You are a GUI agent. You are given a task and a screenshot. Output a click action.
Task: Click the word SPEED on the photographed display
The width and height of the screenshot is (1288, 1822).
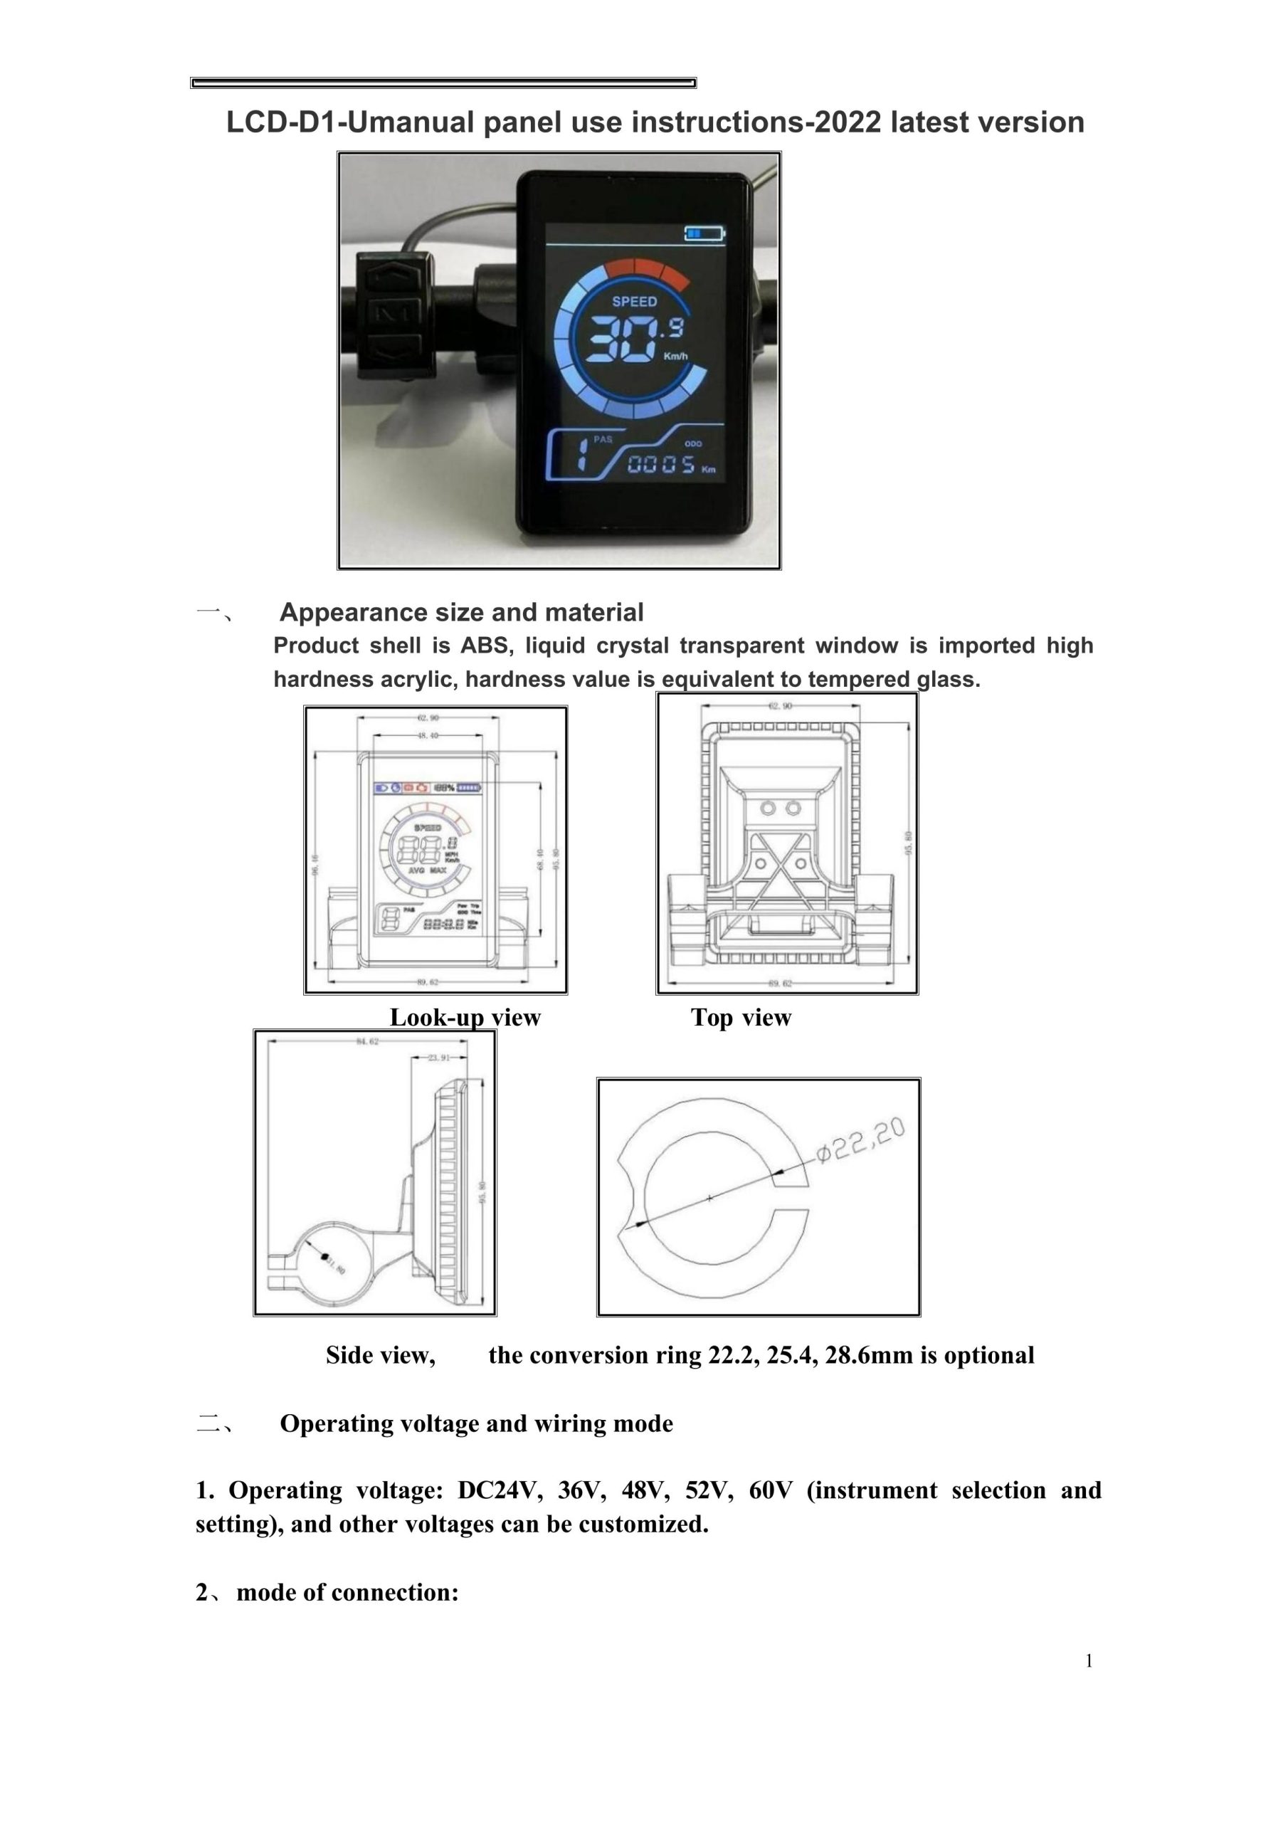[634, 302]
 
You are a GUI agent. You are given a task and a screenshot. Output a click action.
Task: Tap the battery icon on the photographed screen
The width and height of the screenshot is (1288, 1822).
[704, 233]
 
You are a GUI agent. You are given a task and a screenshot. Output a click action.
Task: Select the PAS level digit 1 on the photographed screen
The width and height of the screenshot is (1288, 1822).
[581, 454]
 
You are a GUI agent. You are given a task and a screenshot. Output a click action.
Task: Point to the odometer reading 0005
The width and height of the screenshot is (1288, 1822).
[661, 465]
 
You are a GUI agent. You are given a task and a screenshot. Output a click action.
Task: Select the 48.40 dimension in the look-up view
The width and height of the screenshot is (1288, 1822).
[428, 736]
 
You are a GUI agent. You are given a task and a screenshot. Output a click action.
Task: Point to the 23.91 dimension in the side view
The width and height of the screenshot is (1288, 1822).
[439, 1057]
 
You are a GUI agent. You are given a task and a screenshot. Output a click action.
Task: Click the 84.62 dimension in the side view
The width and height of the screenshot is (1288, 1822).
[367, 1041]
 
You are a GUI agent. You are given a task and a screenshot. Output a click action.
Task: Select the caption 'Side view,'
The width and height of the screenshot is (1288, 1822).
[380, 1354]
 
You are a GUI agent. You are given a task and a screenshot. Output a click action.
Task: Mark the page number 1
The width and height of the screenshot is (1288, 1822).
[1089, 1661]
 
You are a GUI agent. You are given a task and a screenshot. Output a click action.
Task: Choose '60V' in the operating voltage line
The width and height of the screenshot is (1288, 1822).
[770, 1490]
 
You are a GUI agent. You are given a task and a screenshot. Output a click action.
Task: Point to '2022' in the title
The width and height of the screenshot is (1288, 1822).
[848, 122]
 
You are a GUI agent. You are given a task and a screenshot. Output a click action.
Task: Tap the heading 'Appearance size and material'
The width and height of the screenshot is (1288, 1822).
[461, 612]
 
